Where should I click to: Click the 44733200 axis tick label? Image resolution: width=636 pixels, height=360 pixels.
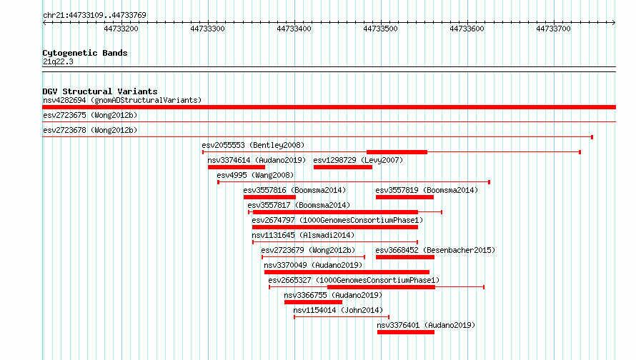(121, 29)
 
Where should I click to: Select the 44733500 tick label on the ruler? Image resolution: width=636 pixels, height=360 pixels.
(380, 29)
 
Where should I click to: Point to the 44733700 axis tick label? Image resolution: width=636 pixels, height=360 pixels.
(553, 29)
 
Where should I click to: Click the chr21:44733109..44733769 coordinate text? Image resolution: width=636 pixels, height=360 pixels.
(94, 15)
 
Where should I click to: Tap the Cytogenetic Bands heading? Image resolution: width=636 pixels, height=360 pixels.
(85, 53)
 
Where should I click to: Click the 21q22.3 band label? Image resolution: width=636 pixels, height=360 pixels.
(58, 61)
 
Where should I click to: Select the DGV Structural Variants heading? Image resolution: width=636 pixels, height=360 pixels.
(100, 91)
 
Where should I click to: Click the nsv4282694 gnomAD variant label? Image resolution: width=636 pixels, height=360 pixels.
(122, 100)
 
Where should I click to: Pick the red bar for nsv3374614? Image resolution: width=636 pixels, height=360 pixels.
(237, 167)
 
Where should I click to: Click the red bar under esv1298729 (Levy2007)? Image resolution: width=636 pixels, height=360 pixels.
(343, 167)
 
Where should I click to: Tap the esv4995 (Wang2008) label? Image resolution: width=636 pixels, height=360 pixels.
(255, 175)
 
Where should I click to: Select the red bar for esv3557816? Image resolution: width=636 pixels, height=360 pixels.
(269, 197)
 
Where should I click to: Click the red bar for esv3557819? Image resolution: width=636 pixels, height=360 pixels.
(404, 197)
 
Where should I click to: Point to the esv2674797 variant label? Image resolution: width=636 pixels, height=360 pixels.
(337, 220)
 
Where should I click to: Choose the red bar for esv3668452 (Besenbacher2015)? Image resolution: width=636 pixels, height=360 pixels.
(405, 257)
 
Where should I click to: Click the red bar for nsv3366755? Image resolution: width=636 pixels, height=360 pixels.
(313, 302)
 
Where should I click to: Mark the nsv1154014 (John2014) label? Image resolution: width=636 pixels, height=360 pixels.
(338, 310)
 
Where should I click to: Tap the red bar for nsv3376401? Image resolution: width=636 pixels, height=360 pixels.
(406, 332)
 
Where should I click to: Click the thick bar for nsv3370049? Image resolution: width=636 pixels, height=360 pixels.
(347, 272)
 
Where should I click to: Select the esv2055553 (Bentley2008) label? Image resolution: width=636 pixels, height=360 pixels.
(253, 145)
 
